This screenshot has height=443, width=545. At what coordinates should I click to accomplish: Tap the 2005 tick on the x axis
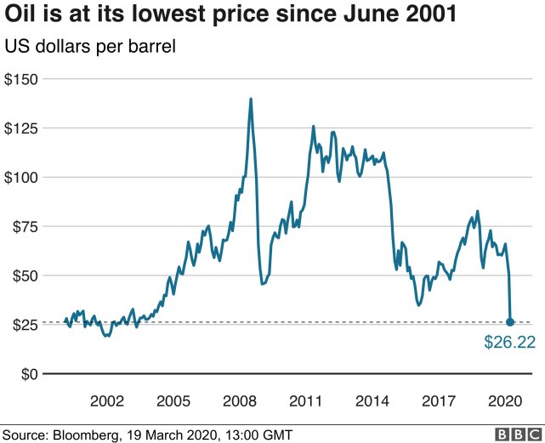coord(174,400)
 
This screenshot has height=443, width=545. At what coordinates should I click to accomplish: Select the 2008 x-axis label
coord(241,400)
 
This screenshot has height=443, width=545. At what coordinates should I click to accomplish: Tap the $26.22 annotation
coord(510,344)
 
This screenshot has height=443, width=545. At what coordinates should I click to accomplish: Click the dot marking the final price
coord(510,322)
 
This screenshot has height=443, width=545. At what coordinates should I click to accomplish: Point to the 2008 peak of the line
coord(251,99)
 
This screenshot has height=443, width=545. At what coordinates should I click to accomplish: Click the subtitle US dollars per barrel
coord(90,47)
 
